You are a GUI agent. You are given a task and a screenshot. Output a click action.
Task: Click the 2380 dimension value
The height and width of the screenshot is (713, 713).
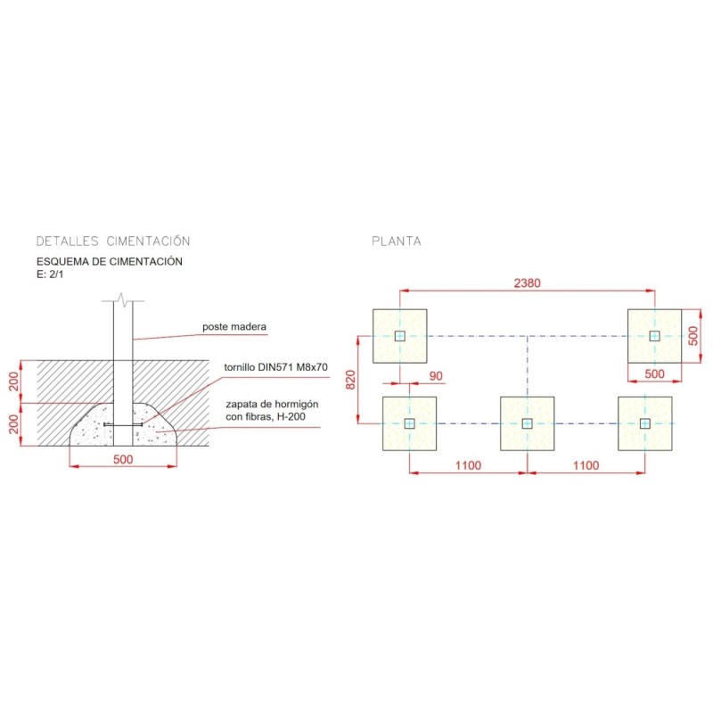click(x=527, y=283)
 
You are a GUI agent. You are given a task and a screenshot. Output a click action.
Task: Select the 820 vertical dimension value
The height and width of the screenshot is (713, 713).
click(x=350, y=380)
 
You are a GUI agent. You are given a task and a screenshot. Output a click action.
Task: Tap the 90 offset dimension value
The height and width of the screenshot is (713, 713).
click(x=436, y=376)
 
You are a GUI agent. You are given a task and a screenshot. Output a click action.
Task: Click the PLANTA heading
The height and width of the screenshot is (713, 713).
click(x=397, y=241)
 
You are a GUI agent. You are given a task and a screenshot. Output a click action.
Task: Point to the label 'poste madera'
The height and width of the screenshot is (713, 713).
click(x=234, y=326)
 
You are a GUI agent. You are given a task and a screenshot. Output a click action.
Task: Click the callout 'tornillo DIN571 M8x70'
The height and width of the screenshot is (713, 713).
click(x=275, y=367)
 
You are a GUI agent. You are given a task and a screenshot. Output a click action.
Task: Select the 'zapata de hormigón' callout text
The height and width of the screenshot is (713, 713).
click(x=272, y=405)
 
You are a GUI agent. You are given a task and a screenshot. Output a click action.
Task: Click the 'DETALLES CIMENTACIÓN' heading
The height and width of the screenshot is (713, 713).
click(x=113, y=241)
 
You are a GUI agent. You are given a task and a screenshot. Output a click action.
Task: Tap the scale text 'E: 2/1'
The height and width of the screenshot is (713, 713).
click(x=50, y=275)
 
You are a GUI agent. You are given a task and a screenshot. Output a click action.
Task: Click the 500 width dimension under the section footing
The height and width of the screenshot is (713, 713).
click(x=123, y=459)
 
